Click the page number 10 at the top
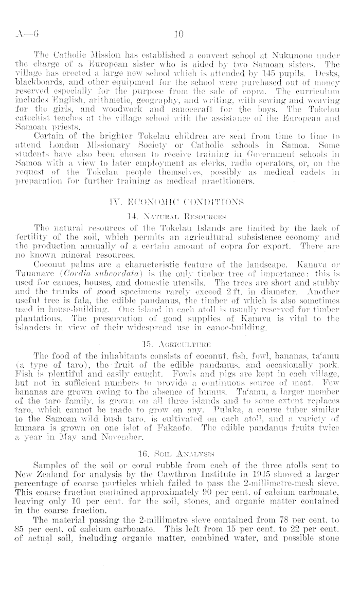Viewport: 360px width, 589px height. pyautogui.click(x=179, y=35)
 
